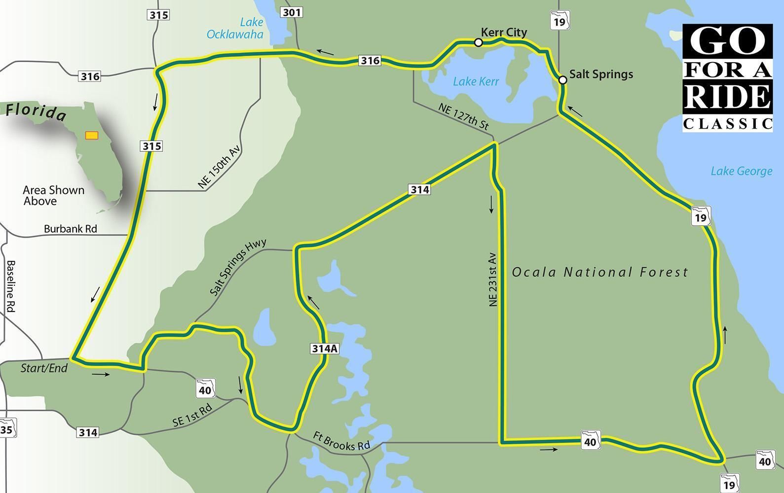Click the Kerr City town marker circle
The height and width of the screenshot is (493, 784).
click(x=478, y=43)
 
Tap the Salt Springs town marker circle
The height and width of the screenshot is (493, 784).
click(x=562, y=80)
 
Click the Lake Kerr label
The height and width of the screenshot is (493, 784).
click(x=476, y=81)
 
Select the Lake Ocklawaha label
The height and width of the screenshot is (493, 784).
click(x=235, y=29)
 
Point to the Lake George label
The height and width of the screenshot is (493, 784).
click(x=741, y=171)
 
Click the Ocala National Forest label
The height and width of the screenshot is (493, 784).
click(x=599, y=272)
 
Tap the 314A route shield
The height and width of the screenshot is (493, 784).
click(x=325, y=349)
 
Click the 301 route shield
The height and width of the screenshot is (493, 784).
click(x=291, y=11)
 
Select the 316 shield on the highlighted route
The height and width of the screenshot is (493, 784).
click(x=370, y=61)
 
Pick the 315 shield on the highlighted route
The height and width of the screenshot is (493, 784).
click(x=151, y=146)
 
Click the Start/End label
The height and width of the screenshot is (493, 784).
click(x=44, y=368)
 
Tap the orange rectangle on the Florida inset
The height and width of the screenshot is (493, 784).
click(x=92, y=135)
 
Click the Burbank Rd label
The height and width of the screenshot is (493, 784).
click(x=70, y=229)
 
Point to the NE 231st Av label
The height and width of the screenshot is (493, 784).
click(x=493, y=280)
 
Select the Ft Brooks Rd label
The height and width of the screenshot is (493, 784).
click(x=341, y=441)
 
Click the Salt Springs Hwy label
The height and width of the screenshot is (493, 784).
click(x=238, y=267)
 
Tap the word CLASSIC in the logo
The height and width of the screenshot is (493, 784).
click(x=727, y=124)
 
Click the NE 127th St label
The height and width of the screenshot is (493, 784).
click(x=463, y=117)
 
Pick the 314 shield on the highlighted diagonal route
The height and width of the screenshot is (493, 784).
click(x=419, y=189)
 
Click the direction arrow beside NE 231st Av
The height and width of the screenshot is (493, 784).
click(x=491, y=204)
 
